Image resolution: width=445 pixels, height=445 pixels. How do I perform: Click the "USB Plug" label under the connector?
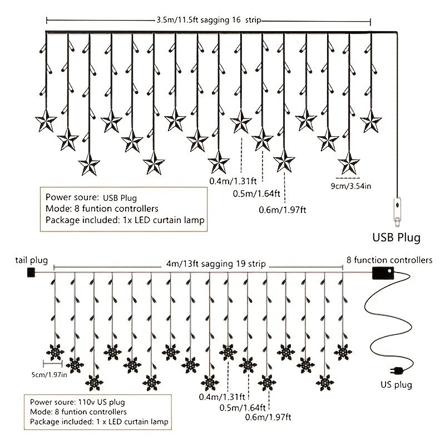point(396,238)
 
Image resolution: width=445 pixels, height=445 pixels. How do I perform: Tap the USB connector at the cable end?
point(397,210)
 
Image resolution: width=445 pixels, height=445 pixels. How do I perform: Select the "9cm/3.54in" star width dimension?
point(351,186)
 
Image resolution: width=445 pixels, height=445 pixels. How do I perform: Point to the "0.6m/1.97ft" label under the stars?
point(283,210)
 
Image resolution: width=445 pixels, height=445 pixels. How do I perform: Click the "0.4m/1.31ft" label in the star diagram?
point(233,181)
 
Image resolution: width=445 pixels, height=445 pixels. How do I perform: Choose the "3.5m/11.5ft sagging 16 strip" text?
point(209,20)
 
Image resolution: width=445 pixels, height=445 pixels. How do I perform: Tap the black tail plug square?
point(31,273)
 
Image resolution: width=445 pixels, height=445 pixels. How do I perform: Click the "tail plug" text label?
point(32,260)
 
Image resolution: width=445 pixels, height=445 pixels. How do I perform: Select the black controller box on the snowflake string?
point(383,273)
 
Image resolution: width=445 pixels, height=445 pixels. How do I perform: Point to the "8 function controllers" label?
point(389,260)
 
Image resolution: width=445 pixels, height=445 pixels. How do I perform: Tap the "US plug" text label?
point(396,385)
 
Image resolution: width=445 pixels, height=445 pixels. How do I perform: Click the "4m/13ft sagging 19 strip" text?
point(216,264)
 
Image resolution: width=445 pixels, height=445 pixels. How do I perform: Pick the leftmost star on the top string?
point(46,121)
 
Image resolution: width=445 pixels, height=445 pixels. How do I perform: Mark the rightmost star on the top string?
point(370,121)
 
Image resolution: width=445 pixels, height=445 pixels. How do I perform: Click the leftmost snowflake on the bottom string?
point(55,353)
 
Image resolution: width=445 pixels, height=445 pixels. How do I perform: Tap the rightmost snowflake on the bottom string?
point(343,353)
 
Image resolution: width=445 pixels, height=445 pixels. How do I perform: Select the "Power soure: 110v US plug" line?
point(77,402)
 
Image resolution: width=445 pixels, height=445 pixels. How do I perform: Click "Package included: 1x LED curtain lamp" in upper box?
point(125,220)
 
